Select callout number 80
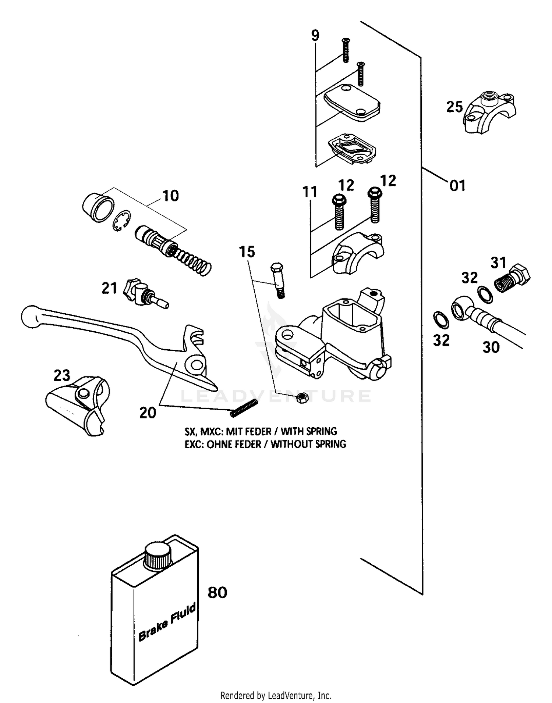(x=217, y=592)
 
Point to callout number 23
(x=62, y=375)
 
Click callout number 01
(x=457, y=186)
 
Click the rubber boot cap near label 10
(x=95, y=208)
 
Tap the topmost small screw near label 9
(x=345, y=50)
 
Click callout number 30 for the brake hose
(x=491, y=347)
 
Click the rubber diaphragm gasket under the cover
(x=352, y=150)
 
